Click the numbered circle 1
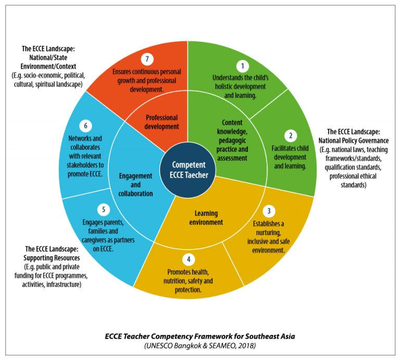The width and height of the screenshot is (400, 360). [241, 66]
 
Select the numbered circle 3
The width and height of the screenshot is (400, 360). [269, 210]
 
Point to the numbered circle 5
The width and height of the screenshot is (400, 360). [104, 209]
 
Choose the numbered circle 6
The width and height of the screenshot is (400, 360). [85, 126]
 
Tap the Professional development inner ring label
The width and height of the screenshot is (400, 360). [161, 122]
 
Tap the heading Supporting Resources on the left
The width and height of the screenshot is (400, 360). [51, 258]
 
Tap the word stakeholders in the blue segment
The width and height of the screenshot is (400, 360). [86, 165]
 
